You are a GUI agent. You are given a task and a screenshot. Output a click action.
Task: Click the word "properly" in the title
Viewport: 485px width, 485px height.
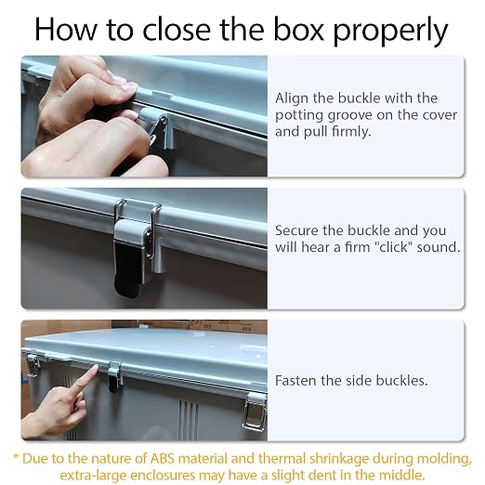[x=390, y=31]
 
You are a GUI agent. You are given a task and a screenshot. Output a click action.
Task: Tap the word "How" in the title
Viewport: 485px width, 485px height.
[x=65, y=29]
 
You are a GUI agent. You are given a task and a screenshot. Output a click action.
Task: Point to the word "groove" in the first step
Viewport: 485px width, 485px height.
[x=349, y=116]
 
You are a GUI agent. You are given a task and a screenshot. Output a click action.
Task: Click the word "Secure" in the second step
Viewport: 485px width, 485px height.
[x=296, y=230]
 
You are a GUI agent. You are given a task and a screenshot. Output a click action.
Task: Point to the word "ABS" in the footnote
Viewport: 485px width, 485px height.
[x=162, y=459]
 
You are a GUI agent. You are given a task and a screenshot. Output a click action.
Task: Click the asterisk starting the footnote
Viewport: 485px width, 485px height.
[x=16, y=457]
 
